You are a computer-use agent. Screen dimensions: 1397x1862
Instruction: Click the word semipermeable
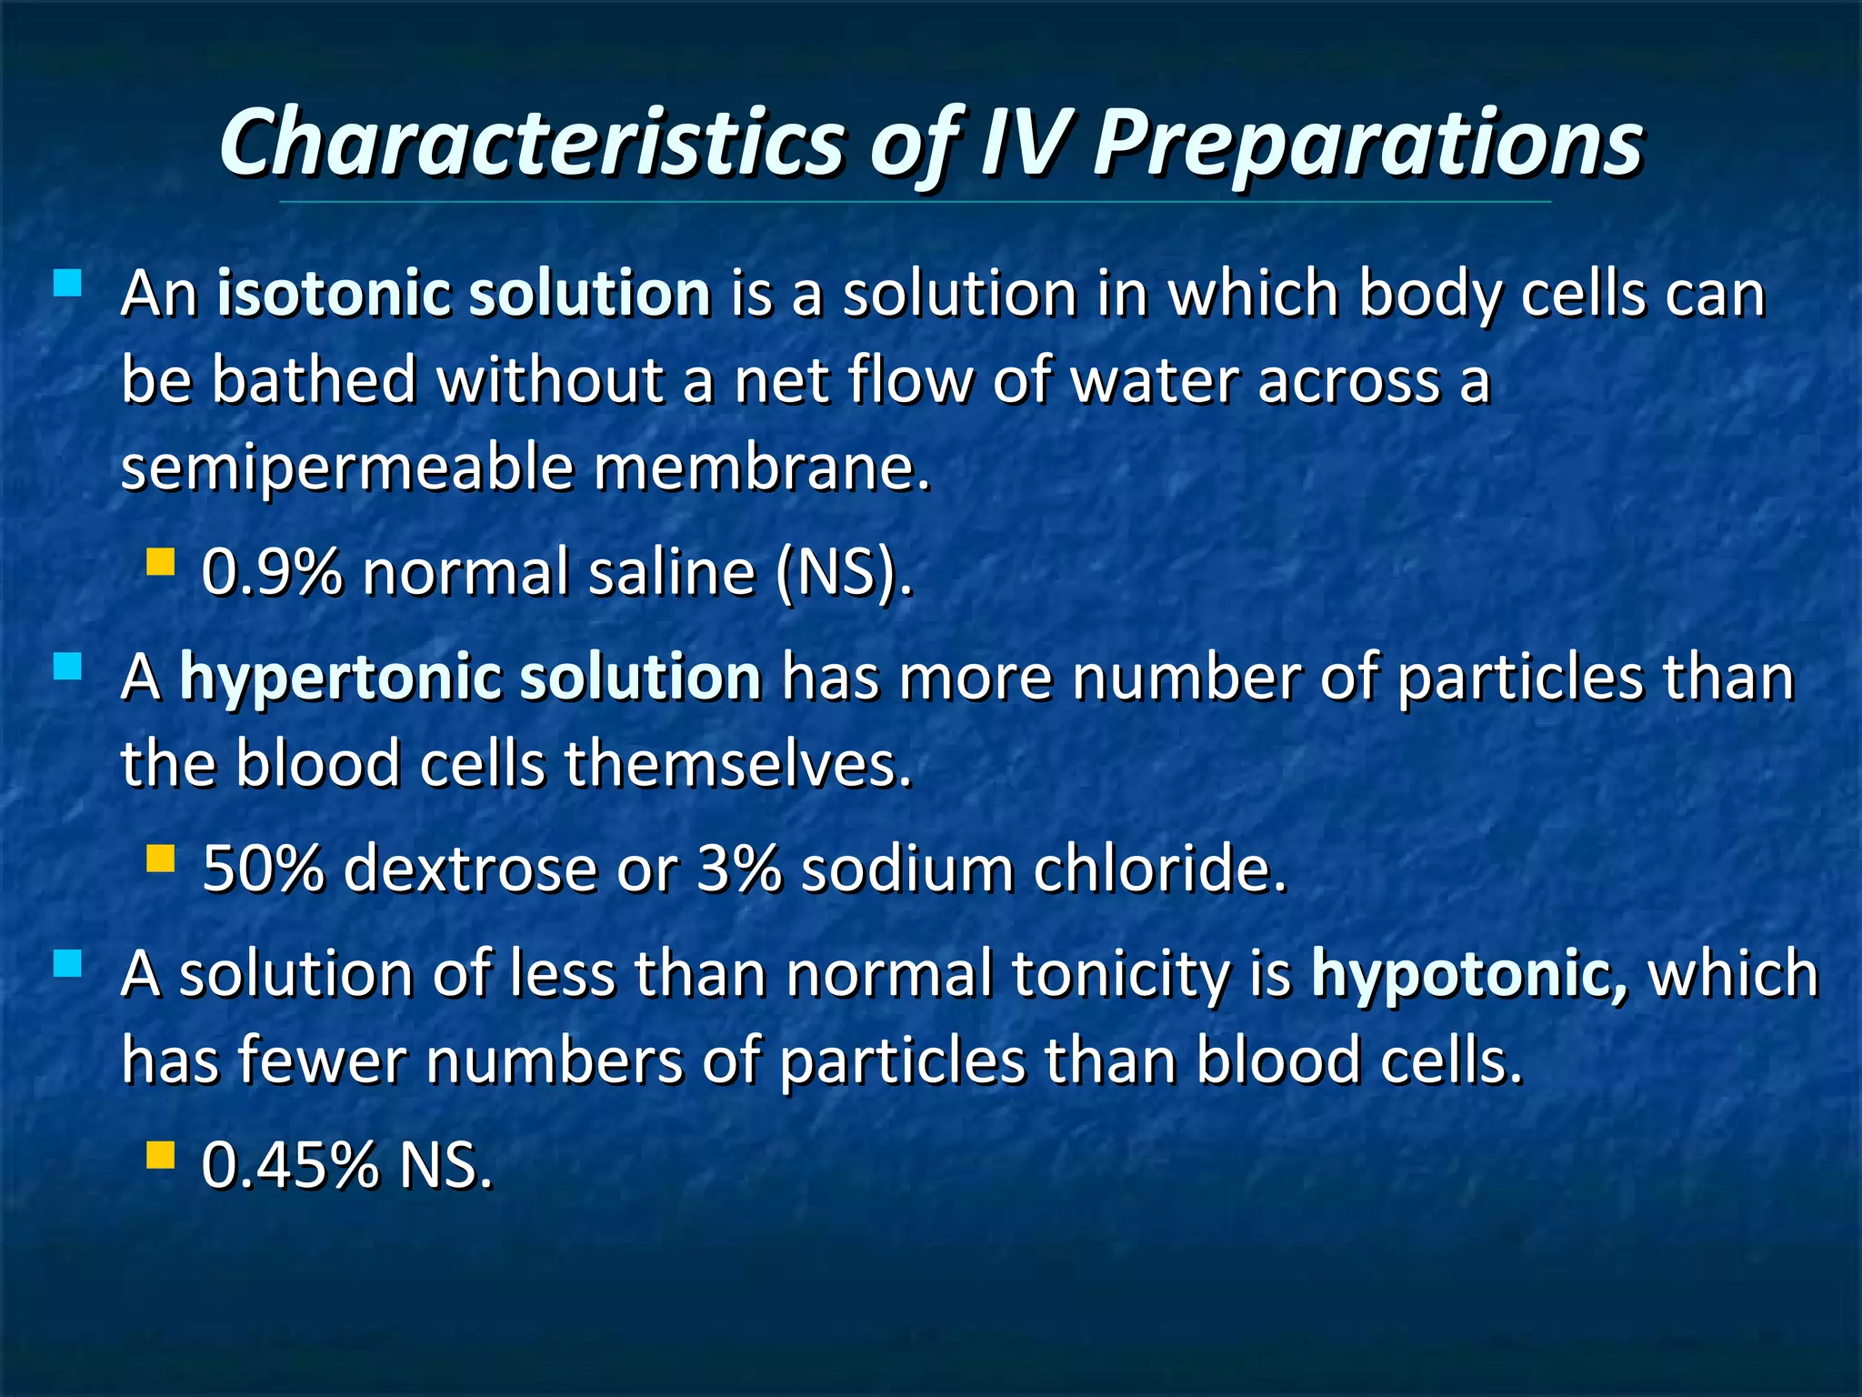(347, 468)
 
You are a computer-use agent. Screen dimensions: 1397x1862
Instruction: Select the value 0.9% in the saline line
(272, 573)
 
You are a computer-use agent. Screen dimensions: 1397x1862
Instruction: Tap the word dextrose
(470, 869)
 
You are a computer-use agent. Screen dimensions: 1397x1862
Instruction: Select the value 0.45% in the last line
(289, 1165)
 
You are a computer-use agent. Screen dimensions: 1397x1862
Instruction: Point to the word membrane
(761, 468)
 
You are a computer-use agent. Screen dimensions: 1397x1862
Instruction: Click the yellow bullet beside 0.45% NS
(160, 1155)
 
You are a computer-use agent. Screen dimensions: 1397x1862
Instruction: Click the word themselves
(736, 764)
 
